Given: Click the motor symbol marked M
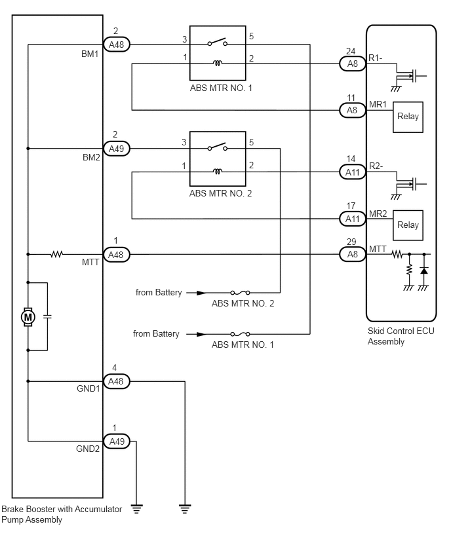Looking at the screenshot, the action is [x=28, y=317].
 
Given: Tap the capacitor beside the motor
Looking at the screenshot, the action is [x=47, y=316].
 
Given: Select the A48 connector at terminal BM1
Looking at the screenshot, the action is [x=117, y=45].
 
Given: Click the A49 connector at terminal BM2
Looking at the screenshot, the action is [x=117, y=149].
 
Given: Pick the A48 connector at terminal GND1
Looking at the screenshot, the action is [x=116, y=381].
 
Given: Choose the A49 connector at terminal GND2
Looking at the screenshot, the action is [x=117, y=441].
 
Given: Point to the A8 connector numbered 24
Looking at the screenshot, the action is [x=352, y=64].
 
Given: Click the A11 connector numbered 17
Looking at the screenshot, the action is [x=352, y=219].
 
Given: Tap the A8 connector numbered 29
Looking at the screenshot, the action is [x=352, y=254].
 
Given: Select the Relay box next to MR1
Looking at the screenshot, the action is [x=408, y=117].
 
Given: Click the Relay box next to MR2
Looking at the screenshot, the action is [x=408, y=225].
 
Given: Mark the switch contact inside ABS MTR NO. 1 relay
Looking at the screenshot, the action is [x=218, y=43].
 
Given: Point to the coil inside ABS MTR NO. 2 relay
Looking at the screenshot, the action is [x=218, y=172].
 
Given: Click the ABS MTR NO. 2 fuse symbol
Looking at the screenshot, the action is [x=240, y=293].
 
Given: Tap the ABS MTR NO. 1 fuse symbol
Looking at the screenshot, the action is [x=240, y=334].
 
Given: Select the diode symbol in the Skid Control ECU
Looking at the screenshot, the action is [x=424, y=270].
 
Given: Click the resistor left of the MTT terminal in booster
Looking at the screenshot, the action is [x=56, y=254].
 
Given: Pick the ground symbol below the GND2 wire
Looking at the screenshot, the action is [x=136, y=509].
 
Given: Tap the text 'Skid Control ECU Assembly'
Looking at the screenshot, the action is [x=401, y=336].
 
